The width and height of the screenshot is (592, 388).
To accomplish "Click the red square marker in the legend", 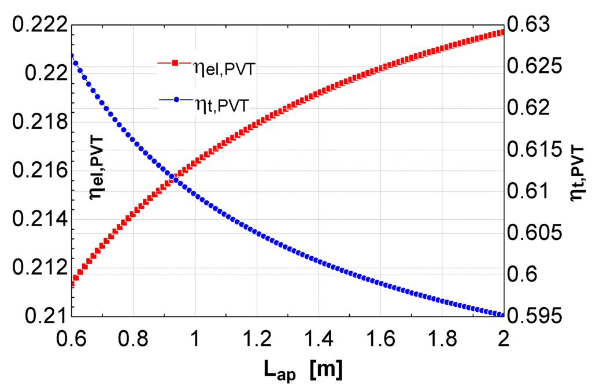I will coord(175,62).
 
